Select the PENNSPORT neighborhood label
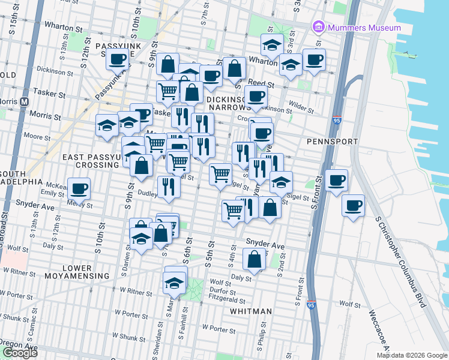pyautogui.click(x=332, y=142)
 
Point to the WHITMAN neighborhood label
pyautogui.click(x=252, y=311)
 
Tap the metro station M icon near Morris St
pyautogui.click(x=25, y=101)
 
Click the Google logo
pyautogui.click(x=20, y=352)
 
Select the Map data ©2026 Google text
pyautogui.click(x=412, y=355)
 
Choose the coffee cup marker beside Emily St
pyautogui.click(x=79, y=188)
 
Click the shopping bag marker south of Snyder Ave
pyautogui.click(x=255, y=259)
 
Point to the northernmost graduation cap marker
pyautogui.click(x=272, y=45)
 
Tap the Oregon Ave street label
pyautogui.click(x=19, y=347)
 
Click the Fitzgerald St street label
pyautogui.click(x=227, y=301)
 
